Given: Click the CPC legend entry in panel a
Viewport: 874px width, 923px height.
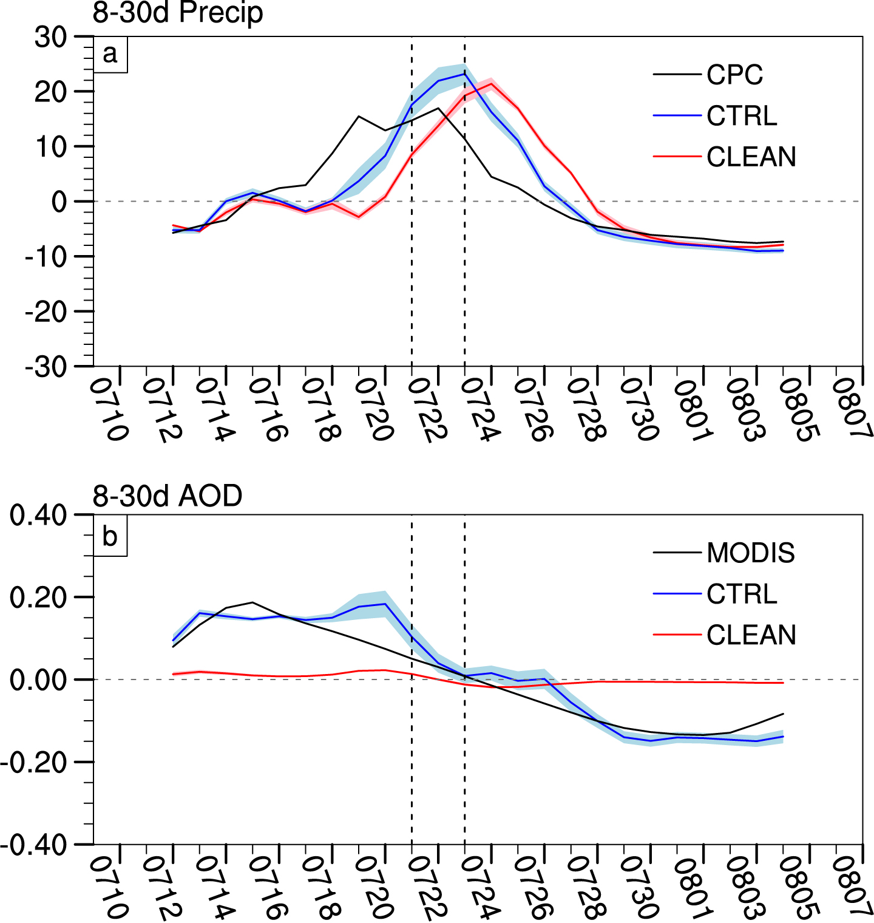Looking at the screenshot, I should click(x=734, y=75).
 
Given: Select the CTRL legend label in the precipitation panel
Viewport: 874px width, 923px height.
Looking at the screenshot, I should click(x=742, y=115).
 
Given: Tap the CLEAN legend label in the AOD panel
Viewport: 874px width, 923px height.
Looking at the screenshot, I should click(x=751, y=635).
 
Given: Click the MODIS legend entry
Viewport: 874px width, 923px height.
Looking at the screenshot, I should click(x=750, y=553).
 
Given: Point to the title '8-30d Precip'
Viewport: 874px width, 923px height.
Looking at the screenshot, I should click(x=177, y=13).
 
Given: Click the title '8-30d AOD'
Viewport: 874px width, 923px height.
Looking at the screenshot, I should click(x=167, y=496).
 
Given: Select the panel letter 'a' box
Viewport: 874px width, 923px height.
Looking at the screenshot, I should click(x=110, y=54).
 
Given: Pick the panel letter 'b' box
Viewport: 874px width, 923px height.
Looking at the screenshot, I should click(x=110, y=537).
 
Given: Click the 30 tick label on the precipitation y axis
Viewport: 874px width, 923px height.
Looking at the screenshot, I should click(x=50, y=38).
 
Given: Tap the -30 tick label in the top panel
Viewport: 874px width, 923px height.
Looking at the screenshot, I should click(x=46, y=367).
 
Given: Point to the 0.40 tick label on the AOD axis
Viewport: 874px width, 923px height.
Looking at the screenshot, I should click(x=38, y=515).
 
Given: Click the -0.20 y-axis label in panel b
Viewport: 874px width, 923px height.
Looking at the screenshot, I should click(x=33, y=762).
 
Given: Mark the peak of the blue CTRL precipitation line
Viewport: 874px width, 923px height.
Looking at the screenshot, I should click(x=464, y=74).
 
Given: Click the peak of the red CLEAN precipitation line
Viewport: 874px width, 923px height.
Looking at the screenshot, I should click(x=491, y=83).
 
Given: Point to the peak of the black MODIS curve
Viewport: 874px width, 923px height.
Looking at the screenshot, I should click(x=252, y=602).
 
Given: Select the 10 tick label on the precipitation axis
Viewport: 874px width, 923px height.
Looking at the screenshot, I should click(x=50, y=146).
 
